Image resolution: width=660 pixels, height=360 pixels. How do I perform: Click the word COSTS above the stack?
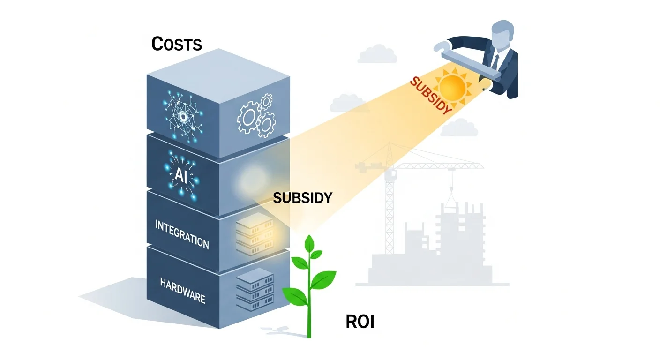(x=177, y=44)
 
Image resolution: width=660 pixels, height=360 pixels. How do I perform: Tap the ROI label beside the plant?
(x=360, y=322)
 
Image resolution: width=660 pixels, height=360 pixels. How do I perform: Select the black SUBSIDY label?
(x=302, y=198)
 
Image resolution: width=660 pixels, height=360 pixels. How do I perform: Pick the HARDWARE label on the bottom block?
(x=182, y=290)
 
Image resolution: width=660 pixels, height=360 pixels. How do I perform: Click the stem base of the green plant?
(x=309, y=333)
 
